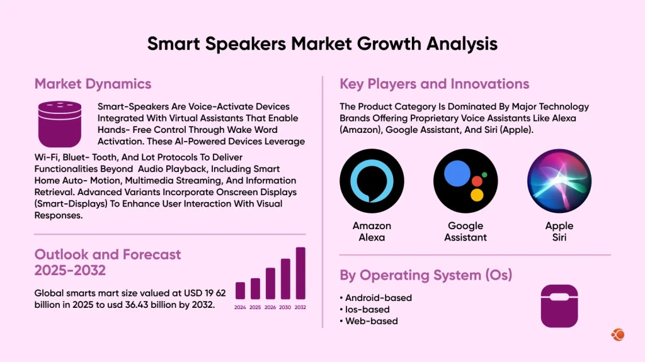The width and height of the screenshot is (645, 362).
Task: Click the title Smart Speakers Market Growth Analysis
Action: coord(322,43)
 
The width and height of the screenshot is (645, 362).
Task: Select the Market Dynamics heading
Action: coord(93,84)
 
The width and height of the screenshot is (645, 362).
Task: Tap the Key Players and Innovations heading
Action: coord(434,84)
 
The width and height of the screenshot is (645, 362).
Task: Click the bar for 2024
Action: coord(240,290)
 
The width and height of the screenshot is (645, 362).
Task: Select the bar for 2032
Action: coord(300,273)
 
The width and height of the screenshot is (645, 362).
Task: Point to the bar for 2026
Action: coord(270,283)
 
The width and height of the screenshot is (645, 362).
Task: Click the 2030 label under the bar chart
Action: coord(285,307)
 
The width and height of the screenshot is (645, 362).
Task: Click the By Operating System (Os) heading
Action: coord(425,275)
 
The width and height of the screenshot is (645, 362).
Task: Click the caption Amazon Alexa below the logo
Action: coord(372,232)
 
